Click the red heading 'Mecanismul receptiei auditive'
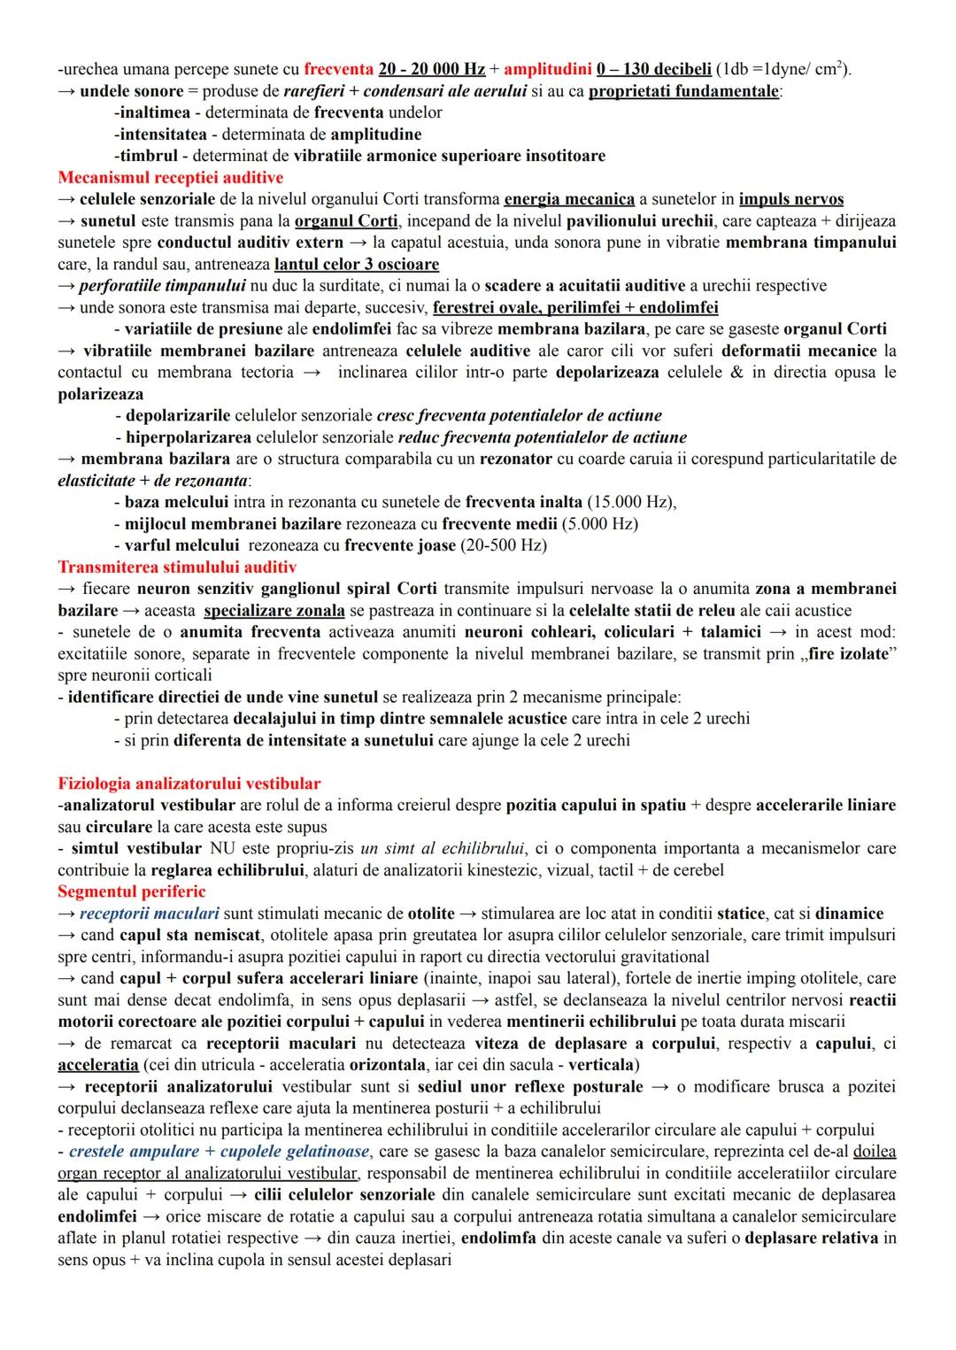tap(170, 178)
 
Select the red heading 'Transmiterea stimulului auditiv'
tap(177, 567)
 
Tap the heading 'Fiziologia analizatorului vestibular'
tap(189, 783)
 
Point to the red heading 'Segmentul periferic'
tap(131, 891)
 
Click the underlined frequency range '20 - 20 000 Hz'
tap(431, 69)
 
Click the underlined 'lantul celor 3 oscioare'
tap(357, 264)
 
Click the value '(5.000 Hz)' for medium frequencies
tap(599, 523)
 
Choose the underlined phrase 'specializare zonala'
tap(274, 611)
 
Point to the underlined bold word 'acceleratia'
tap(98, 1065)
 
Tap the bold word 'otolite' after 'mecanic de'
tap(431, 914)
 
